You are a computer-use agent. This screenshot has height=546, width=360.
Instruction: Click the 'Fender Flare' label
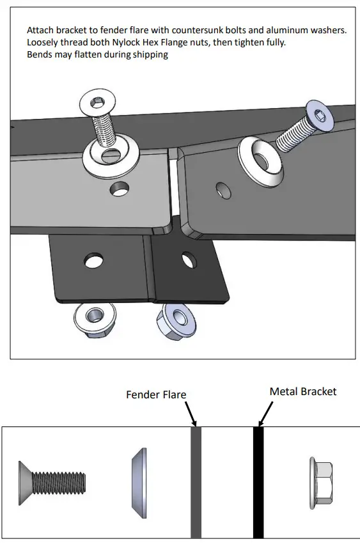[156, 394]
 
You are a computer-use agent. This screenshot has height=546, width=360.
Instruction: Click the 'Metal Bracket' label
[302, 391]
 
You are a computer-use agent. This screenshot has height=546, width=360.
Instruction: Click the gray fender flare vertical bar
[196, 482]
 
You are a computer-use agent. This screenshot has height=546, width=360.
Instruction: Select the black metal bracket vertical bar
[258, 482]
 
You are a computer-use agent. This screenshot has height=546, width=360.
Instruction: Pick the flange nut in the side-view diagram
[322, 481]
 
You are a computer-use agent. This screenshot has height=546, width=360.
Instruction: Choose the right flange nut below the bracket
[172, 316]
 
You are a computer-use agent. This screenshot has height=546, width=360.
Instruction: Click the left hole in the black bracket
[93, 261]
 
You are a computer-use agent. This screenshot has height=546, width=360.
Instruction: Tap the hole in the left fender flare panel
[118, 188]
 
